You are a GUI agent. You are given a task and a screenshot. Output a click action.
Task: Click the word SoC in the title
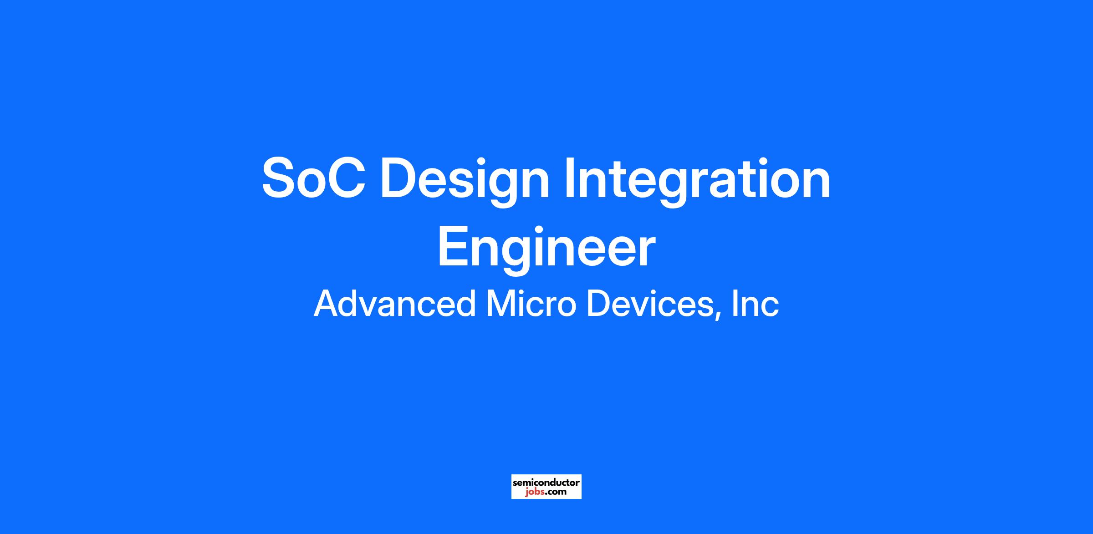(x=314, y=178)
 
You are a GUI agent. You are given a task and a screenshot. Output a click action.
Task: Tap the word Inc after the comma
(x=756, y=304)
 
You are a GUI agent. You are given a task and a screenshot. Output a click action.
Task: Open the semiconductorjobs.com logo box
(x=546, y=487)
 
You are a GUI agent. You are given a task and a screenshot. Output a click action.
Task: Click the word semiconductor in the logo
(x=546, y=482)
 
